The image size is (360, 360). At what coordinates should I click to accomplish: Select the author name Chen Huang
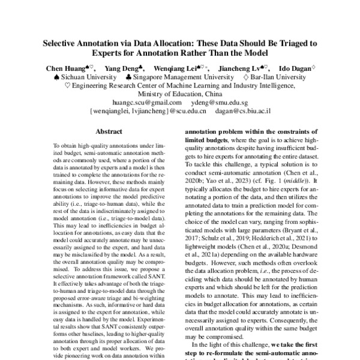click(x=65, y=68)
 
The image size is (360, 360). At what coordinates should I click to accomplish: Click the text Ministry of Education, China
click(x=179, y=94)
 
